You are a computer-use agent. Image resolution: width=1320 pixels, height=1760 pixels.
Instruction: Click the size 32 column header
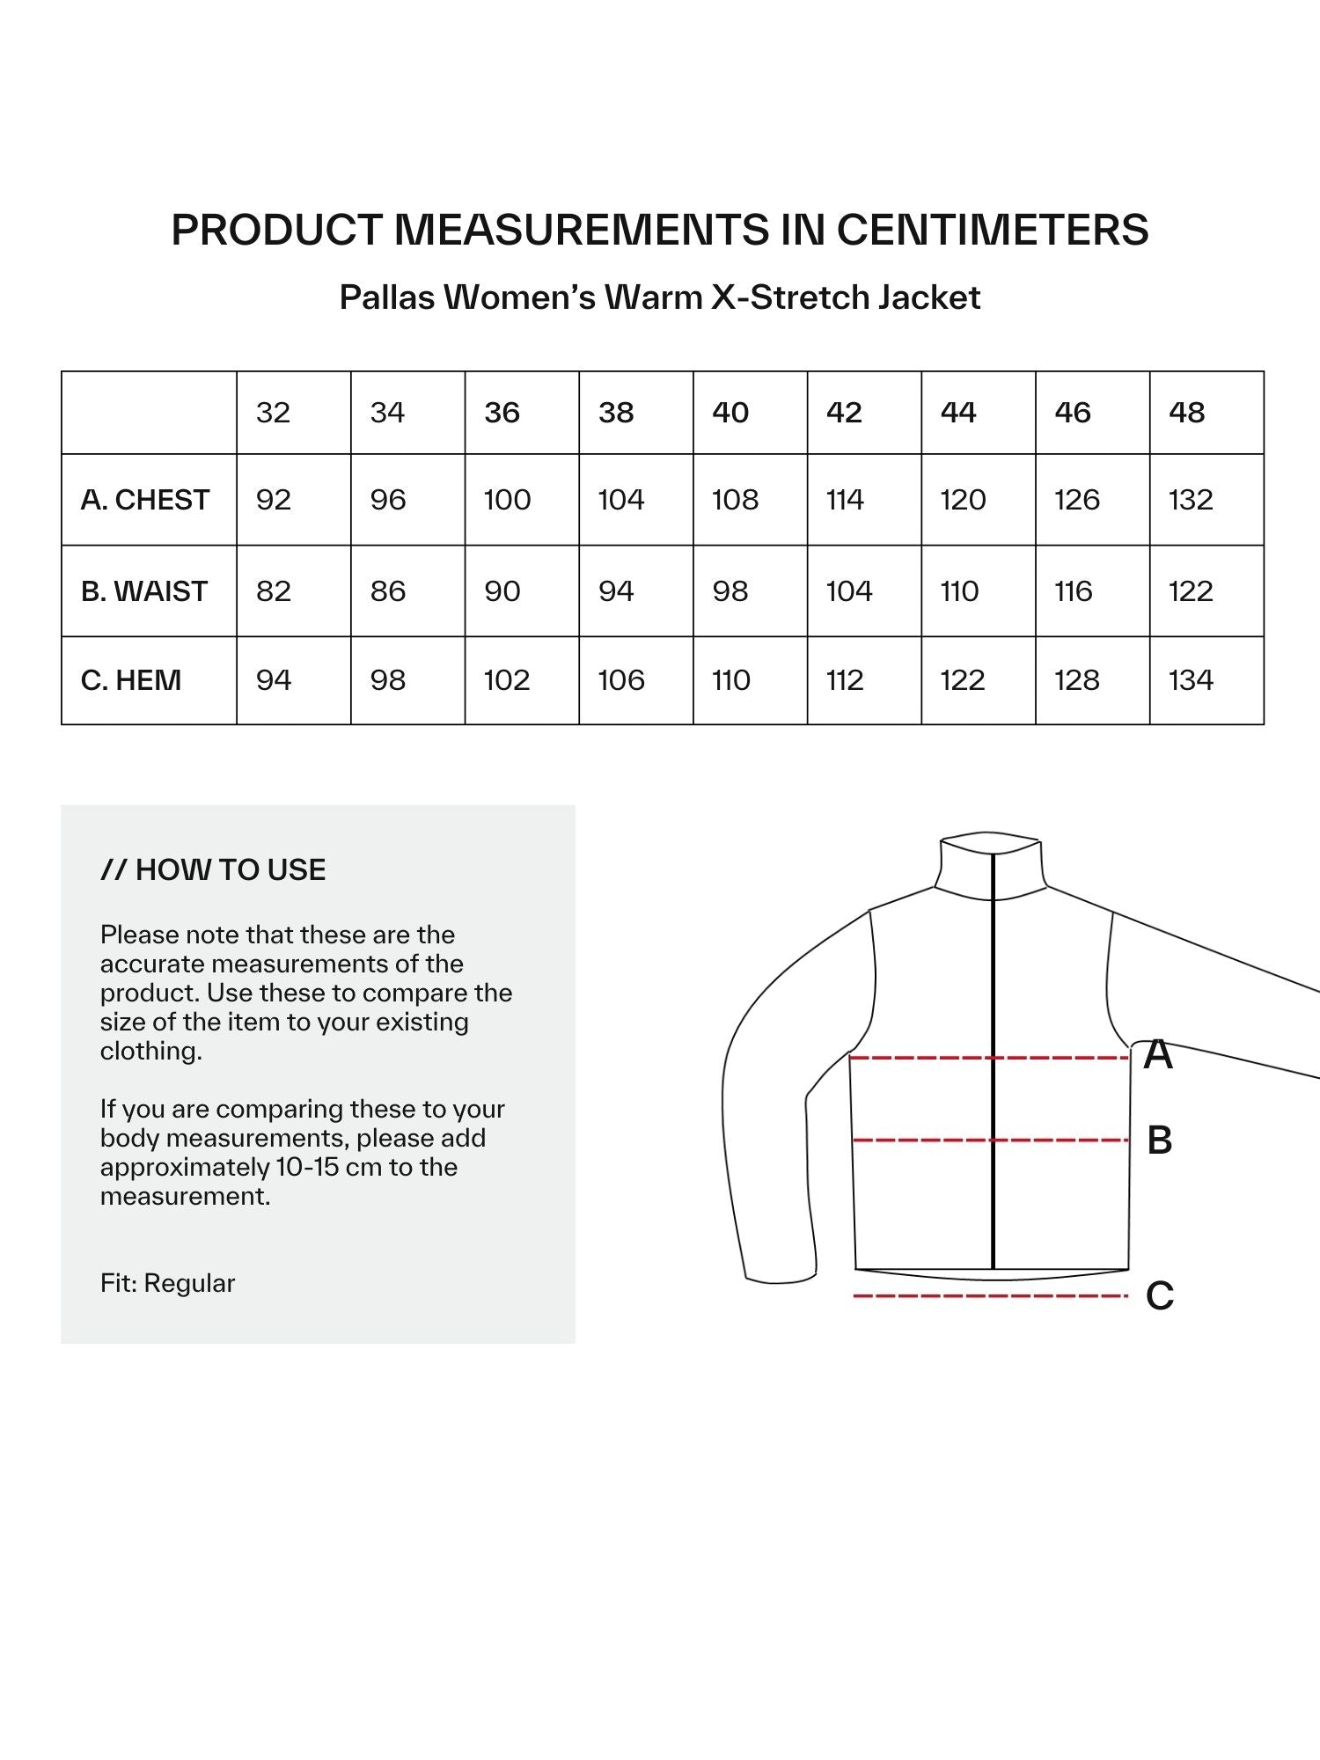coord(273,413)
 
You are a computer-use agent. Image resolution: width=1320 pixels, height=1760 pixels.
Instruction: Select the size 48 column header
coord(1186,413)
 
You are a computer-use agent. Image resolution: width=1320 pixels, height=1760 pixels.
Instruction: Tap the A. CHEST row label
coord(145,500)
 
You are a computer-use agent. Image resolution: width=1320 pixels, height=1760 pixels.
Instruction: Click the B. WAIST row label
coord(144,591)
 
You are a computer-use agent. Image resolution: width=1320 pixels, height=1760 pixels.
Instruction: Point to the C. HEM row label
coord(131,680)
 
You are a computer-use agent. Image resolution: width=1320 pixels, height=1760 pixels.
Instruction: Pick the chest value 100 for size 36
coord(508,500)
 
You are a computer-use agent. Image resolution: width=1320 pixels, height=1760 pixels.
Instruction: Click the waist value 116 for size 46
coord(1074,591)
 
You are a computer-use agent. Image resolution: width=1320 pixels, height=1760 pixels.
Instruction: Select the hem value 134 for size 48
coord(1191,680)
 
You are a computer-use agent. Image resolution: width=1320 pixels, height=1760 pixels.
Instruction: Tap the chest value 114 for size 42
coord(845,500)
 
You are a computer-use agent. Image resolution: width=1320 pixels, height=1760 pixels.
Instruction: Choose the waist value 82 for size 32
coord(274,591)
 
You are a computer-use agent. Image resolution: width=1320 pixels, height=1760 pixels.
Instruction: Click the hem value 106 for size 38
coord(621,680)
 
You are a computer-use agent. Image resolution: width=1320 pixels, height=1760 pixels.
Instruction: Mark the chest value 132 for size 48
coord(1191,500)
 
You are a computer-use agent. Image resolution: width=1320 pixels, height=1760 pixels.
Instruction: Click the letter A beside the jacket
coord(1158,1054)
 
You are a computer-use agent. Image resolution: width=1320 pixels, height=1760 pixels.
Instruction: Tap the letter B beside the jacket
coord(1160,1140)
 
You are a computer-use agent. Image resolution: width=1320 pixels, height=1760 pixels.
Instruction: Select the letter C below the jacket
coord(1160,1296)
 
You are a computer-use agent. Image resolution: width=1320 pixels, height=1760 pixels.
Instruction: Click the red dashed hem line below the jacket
coord(990,1296)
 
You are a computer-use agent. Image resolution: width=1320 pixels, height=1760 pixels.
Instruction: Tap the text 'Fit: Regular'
coord(167,1283)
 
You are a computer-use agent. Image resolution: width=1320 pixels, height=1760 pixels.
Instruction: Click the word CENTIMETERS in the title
coord(992,230)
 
